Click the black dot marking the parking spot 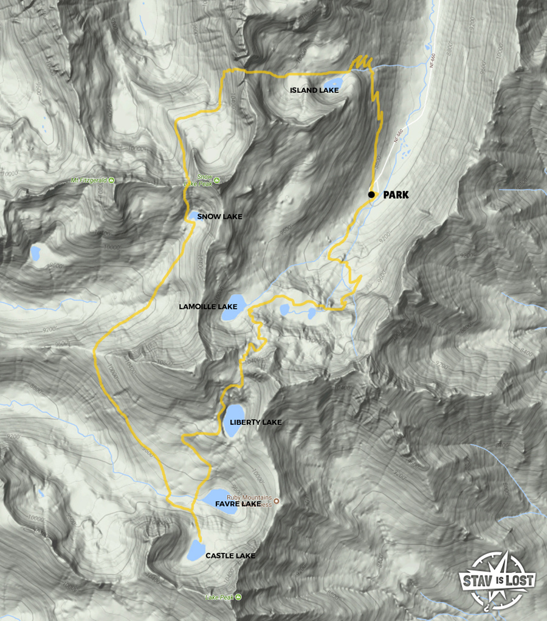pyautogui.click(x=371, y=194)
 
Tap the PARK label pyautogui.click(x=396, y=195)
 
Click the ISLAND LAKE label pyautogui.click(x=314, y=91)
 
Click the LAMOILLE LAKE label pyautogui.click(x=208, y=307)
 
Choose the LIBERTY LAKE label pyautogui.click(x=256, y=422)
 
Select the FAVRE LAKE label pyautogui.click(x=243, y=504)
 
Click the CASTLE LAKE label pyautogui.click(x=230, y=556)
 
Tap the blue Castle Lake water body pyautogui.click(x=196, y=551)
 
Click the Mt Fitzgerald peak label pyautogui.click(x=89, y=180)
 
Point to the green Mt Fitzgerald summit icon pyautogui.click(x=111, y=180)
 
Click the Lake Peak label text pyautogui.click(x=219, y=597)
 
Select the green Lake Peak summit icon pyautogui.click(x=238, y=597)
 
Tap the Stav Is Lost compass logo pyautogui.click(x=497, y=580)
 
